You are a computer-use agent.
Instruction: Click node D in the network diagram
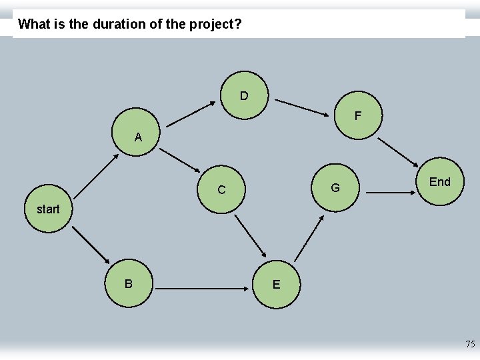coord(244,96)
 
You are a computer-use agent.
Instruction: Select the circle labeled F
coord(357,115)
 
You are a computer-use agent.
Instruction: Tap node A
coord(137,137)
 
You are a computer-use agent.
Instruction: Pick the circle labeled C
coord(221,189)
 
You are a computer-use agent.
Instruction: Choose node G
coord(335,188)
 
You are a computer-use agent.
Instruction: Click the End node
coord(439,182)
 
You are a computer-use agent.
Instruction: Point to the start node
coord(48,209)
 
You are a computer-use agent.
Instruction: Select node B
coord(129,283)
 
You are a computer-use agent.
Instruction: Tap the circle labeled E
coord(276,285)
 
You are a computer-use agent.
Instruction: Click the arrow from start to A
coord(97,176)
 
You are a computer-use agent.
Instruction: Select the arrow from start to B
coord(91,245)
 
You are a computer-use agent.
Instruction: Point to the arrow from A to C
coord(184,164)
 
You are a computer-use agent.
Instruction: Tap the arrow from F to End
coord(399,153)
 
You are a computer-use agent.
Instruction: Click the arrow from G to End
coord(390,192)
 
